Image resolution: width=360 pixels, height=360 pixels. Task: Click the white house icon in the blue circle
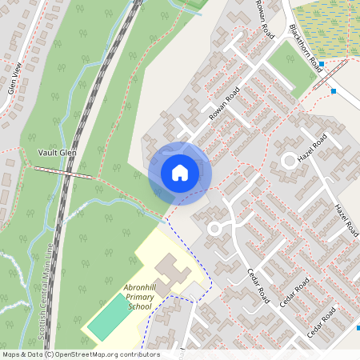pos(180,173)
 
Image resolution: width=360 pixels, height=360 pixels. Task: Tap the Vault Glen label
pos(57,152)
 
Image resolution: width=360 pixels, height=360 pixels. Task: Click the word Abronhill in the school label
pos(143,287)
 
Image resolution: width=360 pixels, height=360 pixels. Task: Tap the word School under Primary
pos(139,306)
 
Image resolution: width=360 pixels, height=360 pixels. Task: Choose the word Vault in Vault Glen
pos(47,152)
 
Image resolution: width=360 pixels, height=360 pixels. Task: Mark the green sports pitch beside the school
pos(108,317)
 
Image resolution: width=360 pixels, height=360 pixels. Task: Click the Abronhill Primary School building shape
pos(170,272)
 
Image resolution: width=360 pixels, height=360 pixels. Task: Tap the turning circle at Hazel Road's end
pos(289,162)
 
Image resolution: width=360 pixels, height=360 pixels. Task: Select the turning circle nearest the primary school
pos(214,229)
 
